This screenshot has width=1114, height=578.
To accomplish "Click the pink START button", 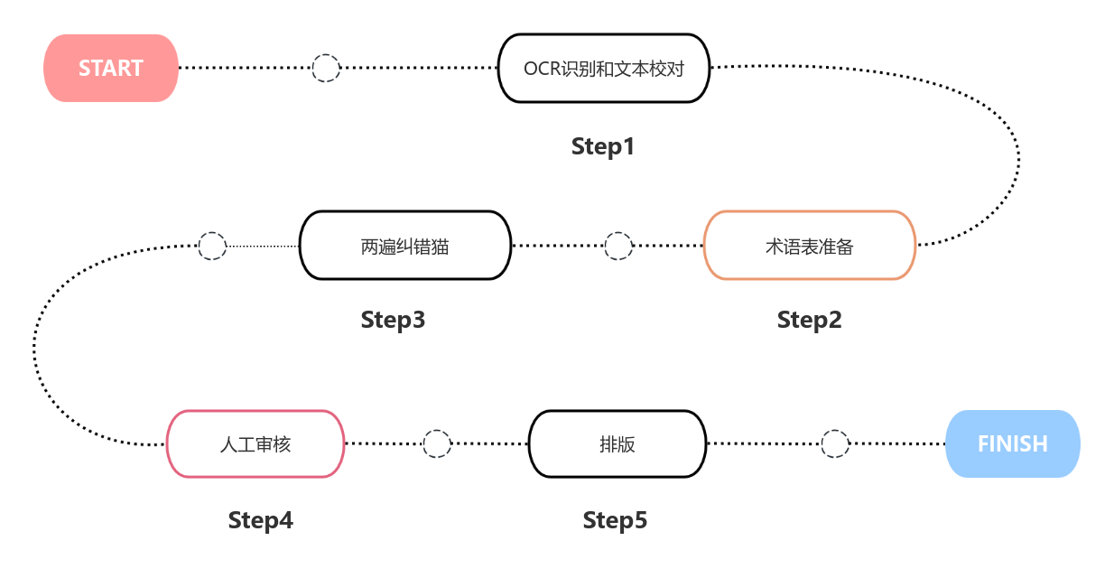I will (111, 69).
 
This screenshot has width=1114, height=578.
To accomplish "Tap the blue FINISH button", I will (1012, 444).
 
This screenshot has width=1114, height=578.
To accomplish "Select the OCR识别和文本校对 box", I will (603, 69).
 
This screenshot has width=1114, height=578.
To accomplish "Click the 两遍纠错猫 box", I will (404, 246).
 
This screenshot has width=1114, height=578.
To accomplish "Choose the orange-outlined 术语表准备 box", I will (809, 246).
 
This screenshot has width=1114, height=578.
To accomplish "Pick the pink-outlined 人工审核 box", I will (255, 444).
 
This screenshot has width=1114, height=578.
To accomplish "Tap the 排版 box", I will (617, 444).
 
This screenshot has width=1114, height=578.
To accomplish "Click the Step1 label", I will (603, 146).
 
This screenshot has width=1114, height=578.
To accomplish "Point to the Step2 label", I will (809, 320).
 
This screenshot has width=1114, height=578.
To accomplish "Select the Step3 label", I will (393, 320).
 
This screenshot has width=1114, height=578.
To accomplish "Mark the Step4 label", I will (260, 520).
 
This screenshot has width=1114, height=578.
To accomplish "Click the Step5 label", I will (615, 520).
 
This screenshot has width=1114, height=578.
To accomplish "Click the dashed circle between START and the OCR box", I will (325, 69).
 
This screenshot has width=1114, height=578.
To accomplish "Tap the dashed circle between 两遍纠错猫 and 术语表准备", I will (617, 246).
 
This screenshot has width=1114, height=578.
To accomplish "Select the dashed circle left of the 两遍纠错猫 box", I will (211, 246).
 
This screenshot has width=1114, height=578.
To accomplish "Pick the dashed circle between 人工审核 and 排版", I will (437, 444).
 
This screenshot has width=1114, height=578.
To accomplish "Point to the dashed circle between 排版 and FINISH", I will (834, 444).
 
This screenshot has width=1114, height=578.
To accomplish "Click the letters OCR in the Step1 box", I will (542, 69).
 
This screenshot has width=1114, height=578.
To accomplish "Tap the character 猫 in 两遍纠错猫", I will (440, 246).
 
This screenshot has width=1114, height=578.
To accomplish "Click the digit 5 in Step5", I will (641, 520).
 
